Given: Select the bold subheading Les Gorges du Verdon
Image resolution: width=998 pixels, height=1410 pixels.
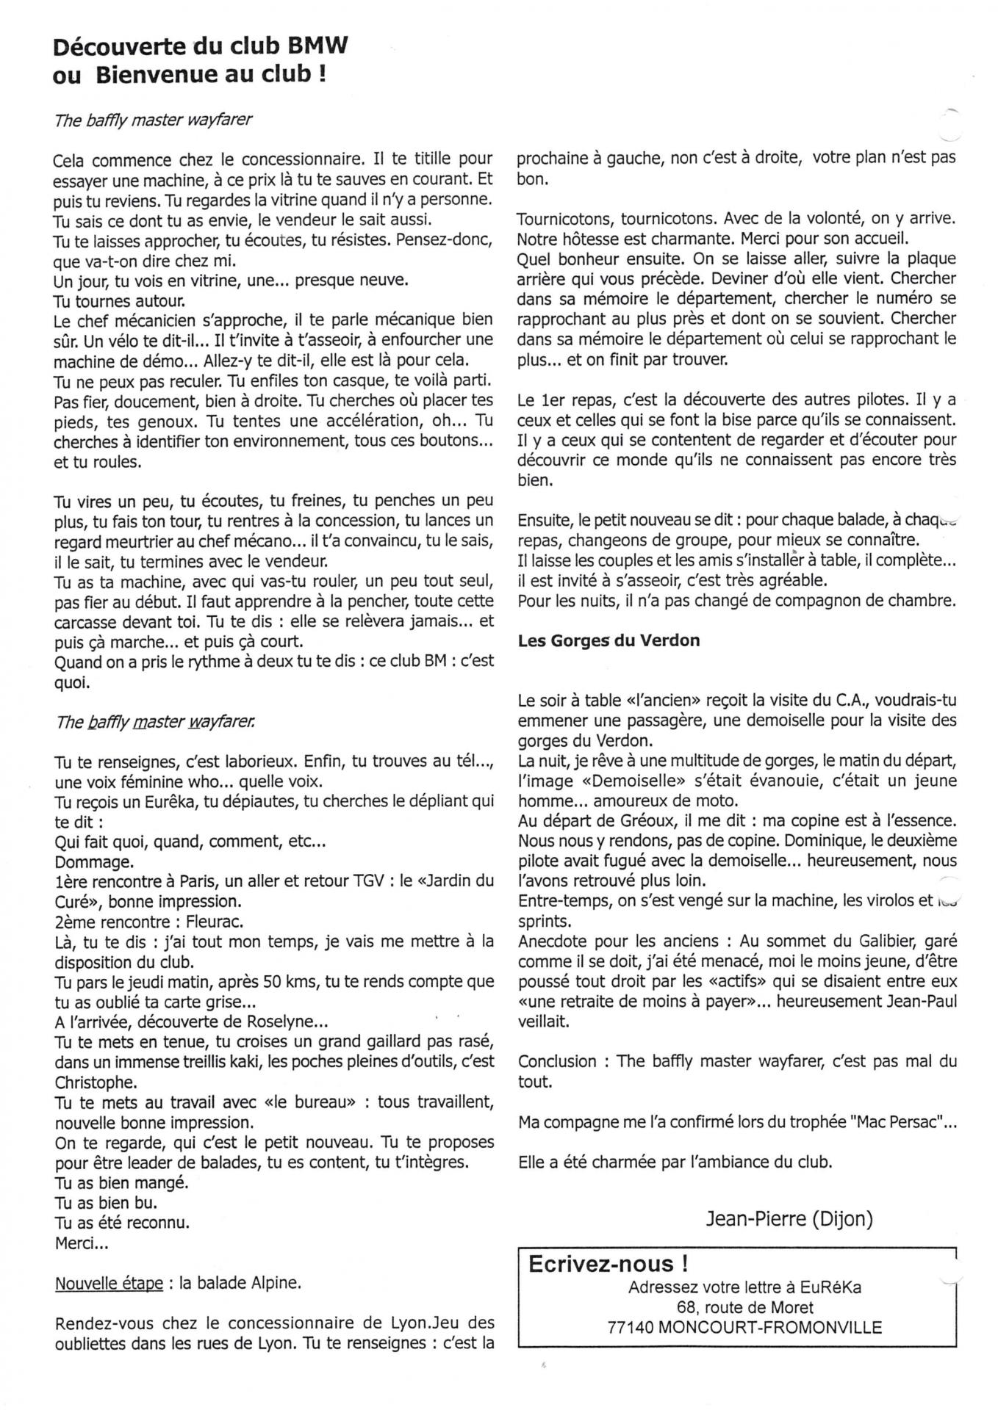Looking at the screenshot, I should pyautogui.click(x=609, y=640).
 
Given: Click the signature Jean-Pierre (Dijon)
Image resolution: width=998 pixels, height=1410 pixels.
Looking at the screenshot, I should pyautogui.click(x=789, y=1219).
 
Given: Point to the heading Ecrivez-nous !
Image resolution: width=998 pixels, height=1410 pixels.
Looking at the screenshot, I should pyautogui.click(x=609, y=1264).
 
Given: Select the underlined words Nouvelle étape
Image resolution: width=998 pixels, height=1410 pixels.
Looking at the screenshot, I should pyautogui.click(x=109, y=1284).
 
